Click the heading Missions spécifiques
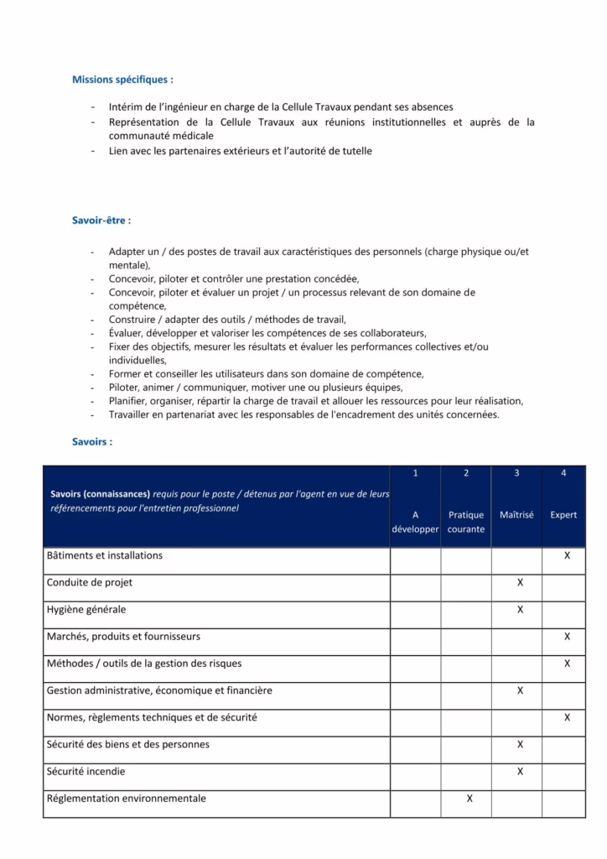pos(122,80)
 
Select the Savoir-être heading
pos(101,221)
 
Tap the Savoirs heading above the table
pos(92,441)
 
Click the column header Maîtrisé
pos(516,514)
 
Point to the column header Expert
pos(563,514)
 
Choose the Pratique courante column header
pos(466,522)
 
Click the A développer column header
pos(415,522)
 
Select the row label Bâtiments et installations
pos(105,555)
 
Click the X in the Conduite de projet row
pos(520,582)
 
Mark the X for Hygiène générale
pos(520,609)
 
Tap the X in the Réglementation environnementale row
pos(470,799)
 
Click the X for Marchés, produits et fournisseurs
pos(568,637)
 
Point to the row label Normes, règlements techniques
pos(152,717)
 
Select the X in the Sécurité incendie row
pos(520,771)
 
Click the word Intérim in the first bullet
pos(126,107)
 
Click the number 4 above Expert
pos(563,473)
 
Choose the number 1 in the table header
pos(415,473)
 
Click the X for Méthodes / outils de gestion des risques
pos(568,664)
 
